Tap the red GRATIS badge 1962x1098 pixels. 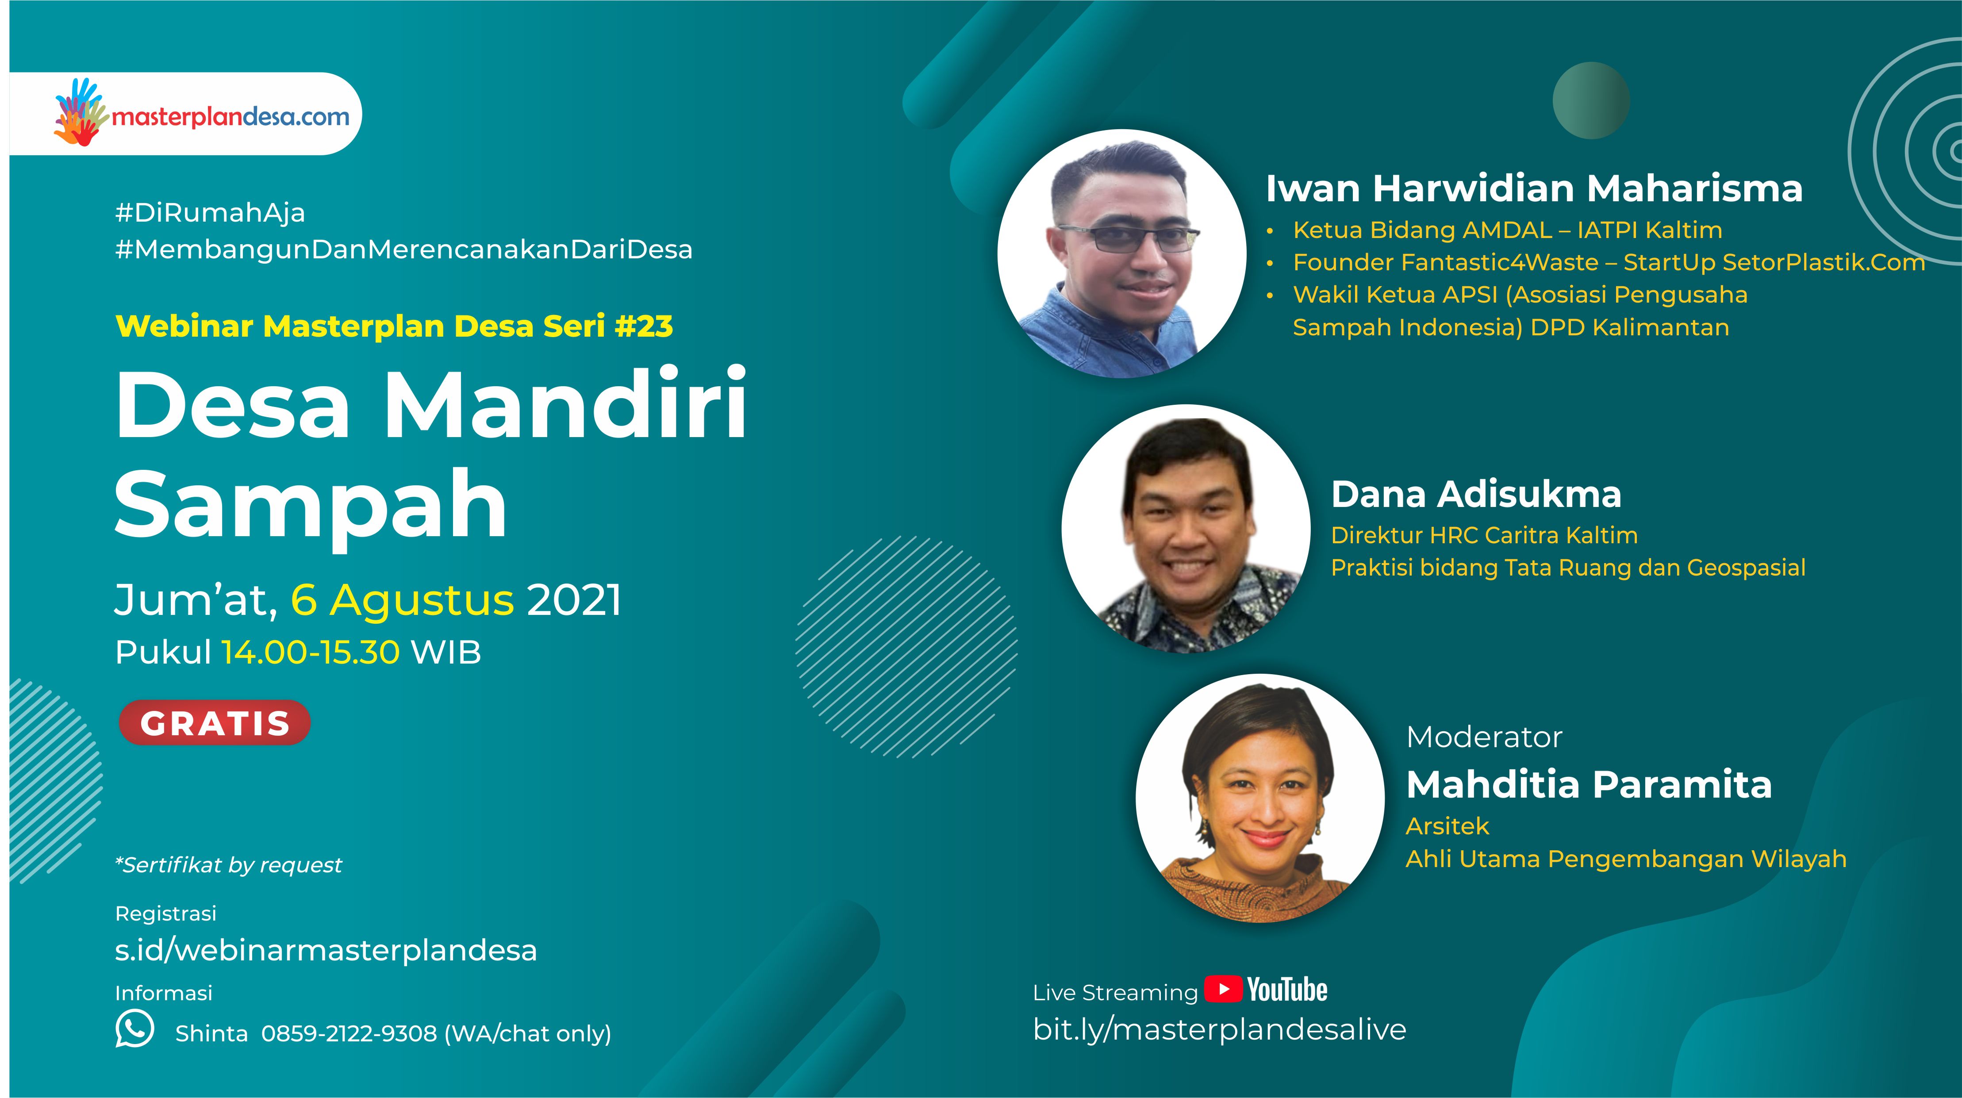(x=215, y=722)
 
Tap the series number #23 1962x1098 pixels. (x=644, y=326)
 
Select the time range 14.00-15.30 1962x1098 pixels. (x=311, y=653)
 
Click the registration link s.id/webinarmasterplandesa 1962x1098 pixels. (x=326, y=950)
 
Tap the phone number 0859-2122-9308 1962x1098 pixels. (x=349, y=1033)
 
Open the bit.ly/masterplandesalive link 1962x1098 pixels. (x=1219, y=1029)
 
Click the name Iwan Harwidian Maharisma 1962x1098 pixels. (x=1534, y=188)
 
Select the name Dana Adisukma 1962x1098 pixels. (x=1476, y=494)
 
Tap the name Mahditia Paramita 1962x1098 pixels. (x=1589, y=785)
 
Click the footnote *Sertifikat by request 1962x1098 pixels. (x=228, y=865)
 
